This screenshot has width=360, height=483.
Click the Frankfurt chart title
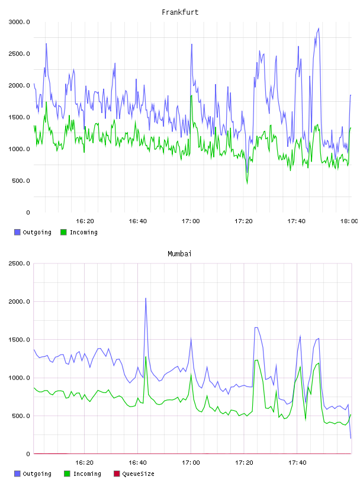(x=180, y=12)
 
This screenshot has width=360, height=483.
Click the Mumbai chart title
(x=179, y=254)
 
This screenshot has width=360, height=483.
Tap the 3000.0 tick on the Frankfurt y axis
(x=19, y=22)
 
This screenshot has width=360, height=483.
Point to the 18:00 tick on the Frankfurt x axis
(x=349, y=221)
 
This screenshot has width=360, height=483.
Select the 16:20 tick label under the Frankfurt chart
(x=85, y=221)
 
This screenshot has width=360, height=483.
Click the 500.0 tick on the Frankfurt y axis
(x=21, y=181)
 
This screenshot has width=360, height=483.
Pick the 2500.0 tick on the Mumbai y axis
(x=19, y=263)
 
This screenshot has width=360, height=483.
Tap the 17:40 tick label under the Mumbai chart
(x=297, y=463)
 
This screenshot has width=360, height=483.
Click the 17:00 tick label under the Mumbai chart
(x=191, y=463)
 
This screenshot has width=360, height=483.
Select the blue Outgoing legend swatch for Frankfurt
(x=17, y=232)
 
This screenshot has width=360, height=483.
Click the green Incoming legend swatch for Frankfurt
(x=63, y=232)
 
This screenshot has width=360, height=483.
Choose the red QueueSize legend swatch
(x=117, y=474)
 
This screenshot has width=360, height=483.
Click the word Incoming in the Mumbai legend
(x=87, y=474)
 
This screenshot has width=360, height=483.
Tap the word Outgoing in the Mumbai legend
(x=37, y=474)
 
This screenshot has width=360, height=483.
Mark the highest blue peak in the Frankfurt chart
(x=319, y=28)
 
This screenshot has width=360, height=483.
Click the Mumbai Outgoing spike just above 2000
(x=146, y=298)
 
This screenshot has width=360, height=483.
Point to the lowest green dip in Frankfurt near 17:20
(x=247, y=183)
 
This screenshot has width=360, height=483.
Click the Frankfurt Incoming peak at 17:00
(x=191, y=95)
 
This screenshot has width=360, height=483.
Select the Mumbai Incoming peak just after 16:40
(x=146, y=357)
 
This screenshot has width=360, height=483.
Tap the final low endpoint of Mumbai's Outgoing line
(x=351, y=438)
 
